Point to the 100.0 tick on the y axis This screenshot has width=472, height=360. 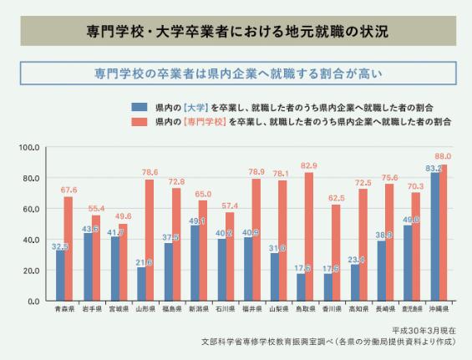tap(28, 147)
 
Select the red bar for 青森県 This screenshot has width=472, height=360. tap(69, 248)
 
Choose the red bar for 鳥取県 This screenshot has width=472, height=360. tap(309, 236)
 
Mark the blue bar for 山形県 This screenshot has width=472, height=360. tap(141, 283)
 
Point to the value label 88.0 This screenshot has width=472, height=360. tap(443, 156)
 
